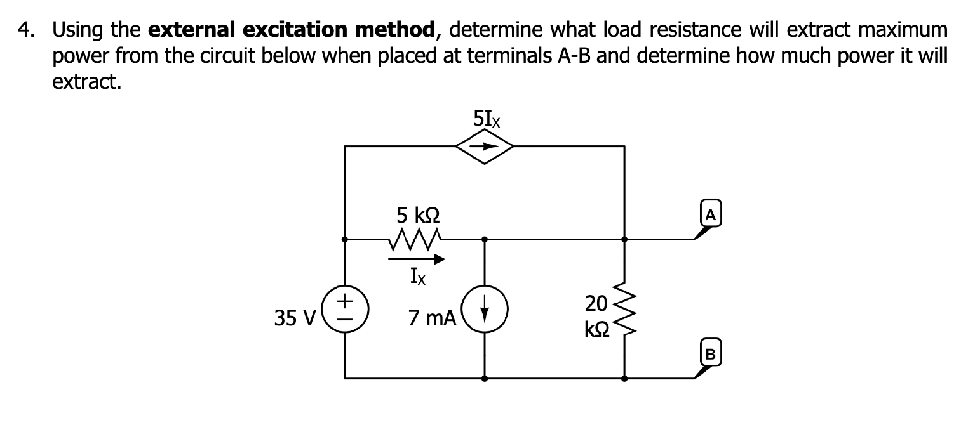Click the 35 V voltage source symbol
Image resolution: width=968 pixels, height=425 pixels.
344,308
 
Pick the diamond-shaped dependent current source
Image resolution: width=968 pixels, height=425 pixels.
484,147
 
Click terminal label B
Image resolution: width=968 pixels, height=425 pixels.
711,353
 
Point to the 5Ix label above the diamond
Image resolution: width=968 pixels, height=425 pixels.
486,119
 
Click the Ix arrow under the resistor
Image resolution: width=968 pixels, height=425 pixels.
417,259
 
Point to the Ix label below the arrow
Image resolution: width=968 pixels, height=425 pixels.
418,277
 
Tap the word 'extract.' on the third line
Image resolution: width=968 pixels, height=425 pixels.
86,82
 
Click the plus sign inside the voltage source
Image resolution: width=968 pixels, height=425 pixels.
344,297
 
